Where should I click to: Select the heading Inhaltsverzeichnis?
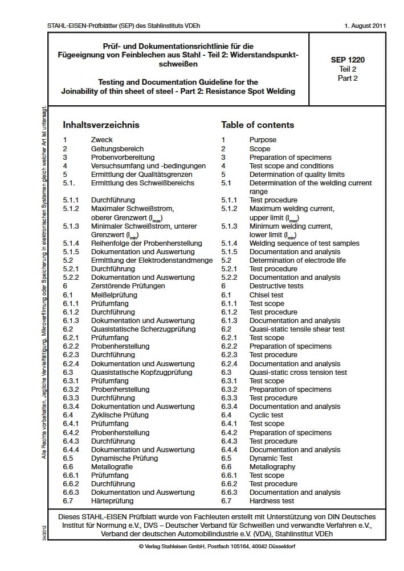click(x=100, y=125)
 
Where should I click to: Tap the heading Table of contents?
click(x=258, y=125)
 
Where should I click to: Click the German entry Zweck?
click(x=102, y=140)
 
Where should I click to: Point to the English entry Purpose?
click(x=263, y=140)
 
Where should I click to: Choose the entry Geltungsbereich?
click(x=117, y=148)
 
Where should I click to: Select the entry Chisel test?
click(x=266, y=295)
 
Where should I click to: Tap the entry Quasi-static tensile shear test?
click(x=296, y=329)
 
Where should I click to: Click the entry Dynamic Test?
click(x=271, y=458)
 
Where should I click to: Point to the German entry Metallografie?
click(x=112, y=467)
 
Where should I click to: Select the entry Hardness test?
click(x=271, y=501)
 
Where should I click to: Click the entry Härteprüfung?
click(x=112, y=501)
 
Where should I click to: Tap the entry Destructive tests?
click(x=276, y=286)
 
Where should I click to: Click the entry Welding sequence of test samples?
click(x=304, y=243)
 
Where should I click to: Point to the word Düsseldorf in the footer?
click(x=280, y=547)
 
